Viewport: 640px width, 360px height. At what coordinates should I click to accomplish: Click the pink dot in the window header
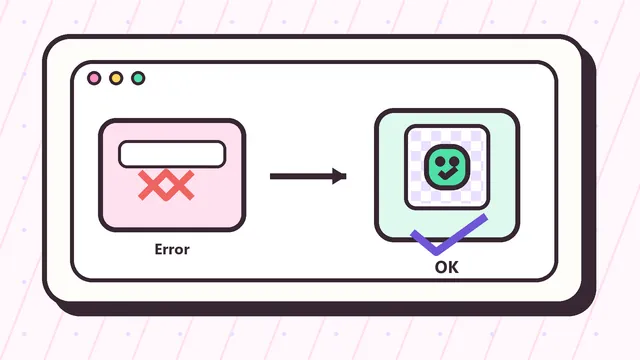(94, 78)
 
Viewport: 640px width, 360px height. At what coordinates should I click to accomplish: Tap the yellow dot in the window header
(116, 78)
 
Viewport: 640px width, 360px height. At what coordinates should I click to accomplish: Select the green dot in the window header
(138, 78)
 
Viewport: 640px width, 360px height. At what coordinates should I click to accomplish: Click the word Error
(172, 249)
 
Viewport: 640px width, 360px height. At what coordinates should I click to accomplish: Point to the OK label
(447, 267)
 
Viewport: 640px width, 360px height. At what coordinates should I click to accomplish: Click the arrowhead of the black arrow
(339, 176)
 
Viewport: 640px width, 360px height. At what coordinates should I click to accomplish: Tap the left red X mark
(152, 185)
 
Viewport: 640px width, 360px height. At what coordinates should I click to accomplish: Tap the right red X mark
(180, 185)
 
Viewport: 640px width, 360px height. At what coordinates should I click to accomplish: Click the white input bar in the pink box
(172, 154)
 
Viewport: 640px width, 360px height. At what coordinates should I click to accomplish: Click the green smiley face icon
(447, 167)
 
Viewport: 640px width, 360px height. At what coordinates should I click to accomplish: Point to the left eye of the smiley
(440, 162)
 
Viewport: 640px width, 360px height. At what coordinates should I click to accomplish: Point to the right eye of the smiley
(454, 162)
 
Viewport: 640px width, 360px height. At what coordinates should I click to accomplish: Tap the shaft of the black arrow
(301, 176)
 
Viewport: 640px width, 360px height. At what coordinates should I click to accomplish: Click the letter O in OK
(441, 267)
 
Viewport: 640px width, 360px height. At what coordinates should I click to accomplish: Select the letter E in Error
(158, 249)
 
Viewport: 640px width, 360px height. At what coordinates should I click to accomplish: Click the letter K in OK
(454, 267)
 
